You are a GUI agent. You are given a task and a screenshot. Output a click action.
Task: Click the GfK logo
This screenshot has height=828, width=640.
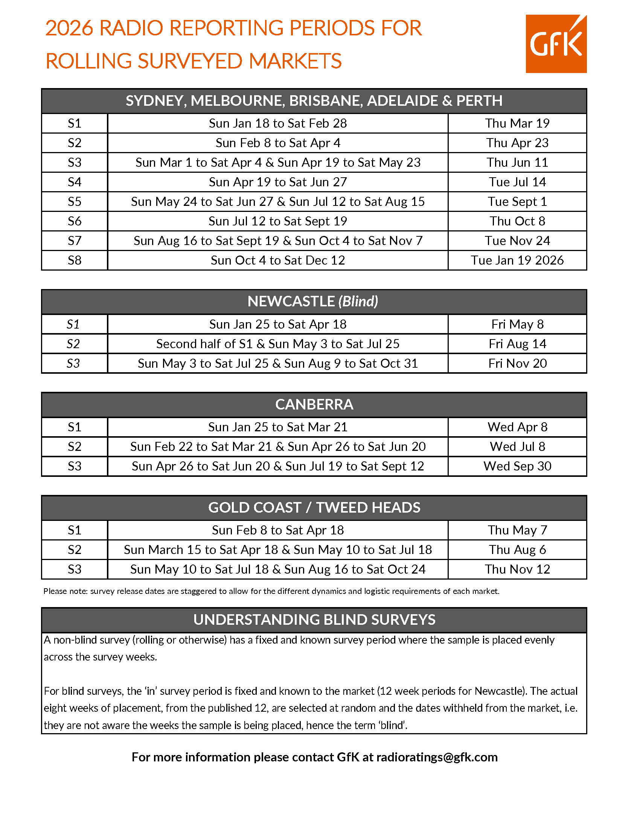click(x=556, y=44)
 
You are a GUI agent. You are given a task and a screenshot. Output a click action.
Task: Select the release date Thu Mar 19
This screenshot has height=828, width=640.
click(x=517, y=123)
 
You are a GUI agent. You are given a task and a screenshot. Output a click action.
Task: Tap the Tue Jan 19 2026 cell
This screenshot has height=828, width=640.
click(x=517, y=260)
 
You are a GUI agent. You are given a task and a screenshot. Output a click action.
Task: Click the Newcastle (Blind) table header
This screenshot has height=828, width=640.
click(x=313, y=301)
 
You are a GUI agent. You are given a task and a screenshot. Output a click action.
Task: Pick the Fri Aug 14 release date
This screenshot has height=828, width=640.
click(x=517, y=344)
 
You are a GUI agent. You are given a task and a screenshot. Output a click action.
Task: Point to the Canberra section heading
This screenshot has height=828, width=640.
click(x=314, y=405)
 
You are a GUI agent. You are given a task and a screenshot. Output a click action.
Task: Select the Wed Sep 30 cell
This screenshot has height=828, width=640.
click(x=517, y=466)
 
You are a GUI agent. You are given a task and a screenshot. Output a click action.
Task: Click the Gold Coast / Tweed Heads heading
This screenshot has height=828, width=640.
click(x=314, y=508)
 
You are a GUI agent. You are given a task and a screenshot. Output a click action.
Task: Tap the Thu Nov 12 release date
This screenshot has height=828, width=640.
click(x=517, y=569)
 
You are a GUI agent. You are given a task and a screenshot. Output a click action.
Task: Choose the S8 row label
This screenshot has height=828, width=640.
click(x=74, y=260)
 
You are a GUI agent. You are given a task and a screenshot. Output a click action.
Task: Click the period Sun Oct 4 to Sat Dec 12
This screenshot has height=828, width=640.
click(x=277, y=260)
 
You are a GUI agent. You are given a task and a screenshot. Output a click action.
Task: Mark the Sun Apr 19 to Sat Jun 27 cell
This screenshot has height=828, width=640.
click(x=277, y=182)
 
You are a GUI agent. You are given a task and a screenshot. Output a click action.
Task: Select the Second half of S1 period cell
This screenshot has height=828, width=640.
click(x=277, y=344)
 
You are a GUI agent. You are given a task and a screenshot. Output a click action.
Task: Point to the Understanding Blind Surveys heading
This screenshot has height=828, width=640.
click(x=314, y=619)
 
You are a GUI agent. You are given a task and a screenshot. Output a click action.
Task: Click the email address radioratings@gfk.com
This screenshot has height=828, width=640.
click(x=437, y=757)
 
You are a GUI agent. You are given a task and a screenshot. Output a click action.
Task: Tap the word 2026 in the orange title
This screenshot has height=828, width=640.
click(x=69, y=28)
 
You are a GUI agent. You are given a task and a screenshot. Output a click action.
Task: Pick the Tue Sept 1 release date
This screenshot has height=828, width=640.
click(x=517, y=201)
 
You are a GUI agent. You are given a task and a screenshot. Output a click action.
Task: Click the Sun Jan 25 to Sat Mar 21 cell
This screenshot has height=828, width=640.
click(x=277, y=427)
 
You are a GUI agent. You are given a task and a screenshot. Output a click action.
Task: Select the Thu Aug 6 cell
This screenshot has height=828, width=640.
click(x=517, y=549)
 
